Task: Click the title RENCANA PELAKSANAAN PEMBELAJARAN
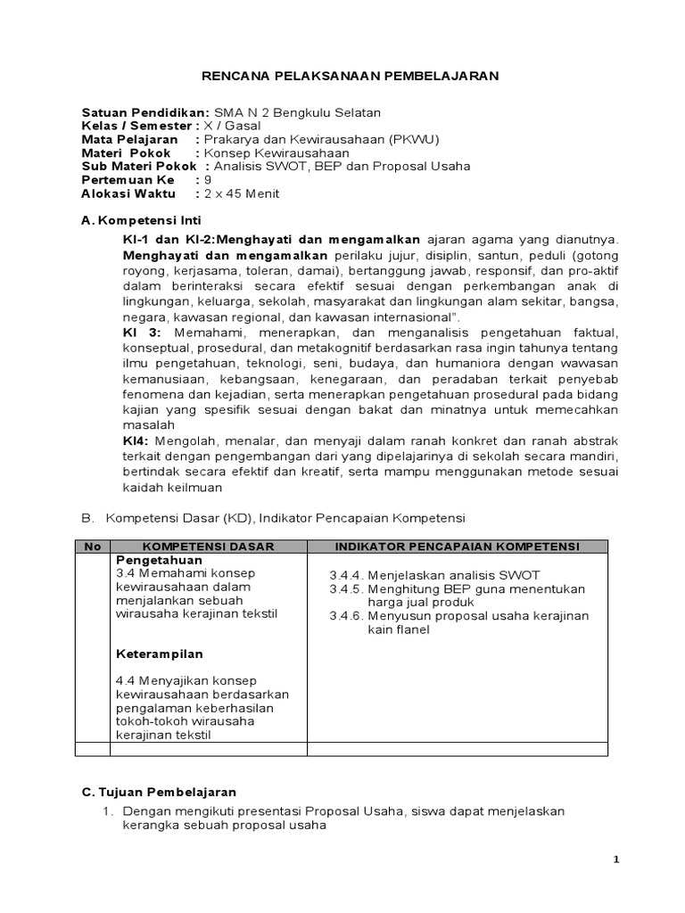pos(342,77)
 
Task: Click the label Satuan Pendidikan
pos(145,112)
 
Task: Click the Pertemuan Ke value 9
pos(209,179)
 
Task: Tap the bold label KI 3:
pos(140,333)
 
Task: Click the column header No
pos(92,546)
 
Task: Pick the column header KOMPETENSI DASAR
pos(208,546)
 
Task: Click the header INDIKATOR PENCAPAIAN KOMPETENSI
pos(458,546)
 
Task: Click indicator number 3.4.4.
pos(345,574)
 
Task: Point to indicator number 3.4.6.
pos(345,616)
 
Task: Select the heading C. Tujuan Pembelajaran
pos(159,792)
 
